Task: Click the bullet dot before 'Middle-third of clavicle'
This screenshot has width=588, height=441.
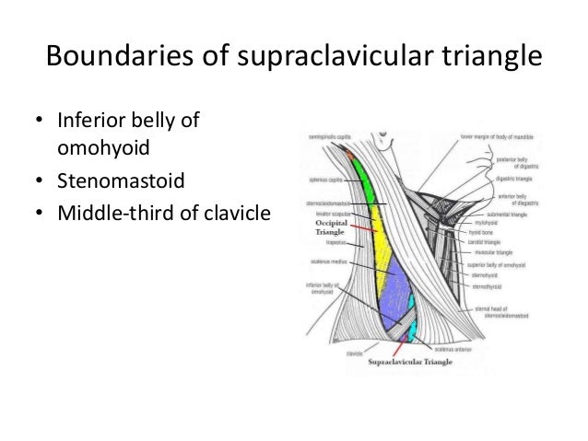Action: pyautogui.click(x=39, y=215)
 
